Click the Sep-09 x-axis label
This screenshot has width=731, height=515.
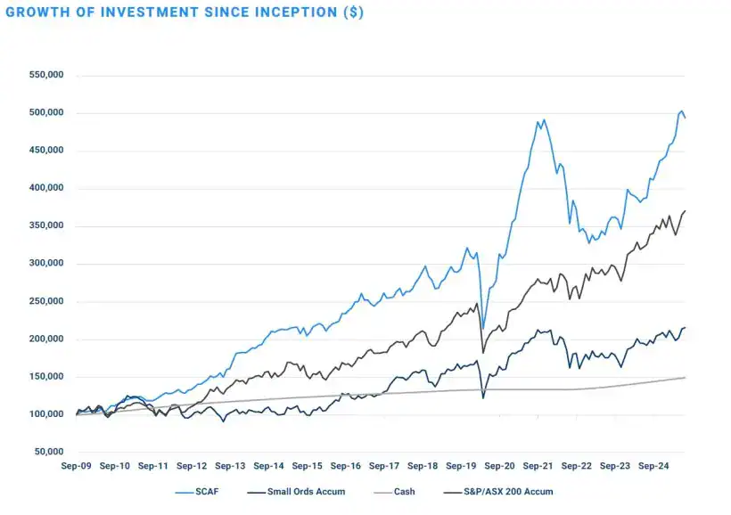point(78,466)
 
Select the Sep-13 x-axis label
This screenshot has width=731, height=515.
point(230,466)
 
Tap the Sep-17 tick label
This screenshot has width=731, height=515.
point(384,466)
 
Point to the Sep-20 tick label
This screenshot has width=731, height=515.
point(499,466)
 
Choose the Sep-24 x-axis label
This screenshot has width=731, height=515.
point(653,466)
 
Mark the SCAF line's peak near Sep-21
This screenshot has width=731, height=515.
point(544,119)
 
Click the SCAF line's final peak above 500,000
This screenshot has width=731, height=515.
point(681,111)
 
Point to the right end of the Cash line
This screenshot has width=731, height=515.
point(685,378)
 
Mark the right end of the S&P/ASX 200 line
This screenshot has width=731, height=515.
point(685,211)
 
